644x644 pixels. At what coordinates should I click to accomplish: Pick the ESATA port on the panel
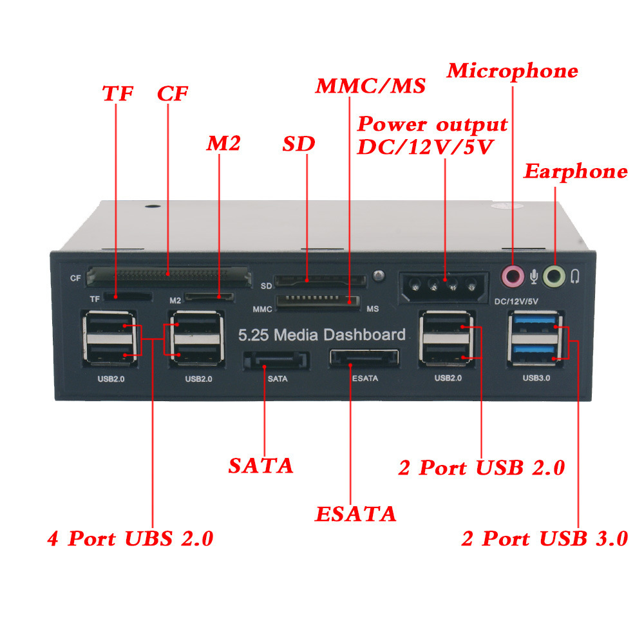click(364, 358)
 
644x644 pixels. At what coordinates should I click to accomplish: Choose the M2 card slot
click(209, 298)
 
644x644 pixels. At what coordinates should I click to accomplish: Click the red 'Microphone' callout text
click(513, 71)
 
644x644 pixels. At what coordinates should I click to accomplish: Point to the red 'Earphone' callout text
click(574, 172)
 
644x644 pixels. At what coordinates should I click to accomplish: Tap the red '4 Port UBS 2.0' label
click(130, 538)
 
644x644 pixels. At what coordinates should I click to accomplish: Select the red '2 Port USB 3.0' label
click(544, 539)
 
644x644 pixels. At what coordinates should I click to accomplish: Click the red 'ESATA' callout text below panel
click(355, 515)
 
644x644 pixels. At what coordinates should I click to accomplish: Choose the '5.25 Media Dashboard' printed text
click(322, 335)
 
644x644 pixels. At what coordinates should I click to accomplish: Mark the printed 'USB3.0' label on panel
click(536, 379)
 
